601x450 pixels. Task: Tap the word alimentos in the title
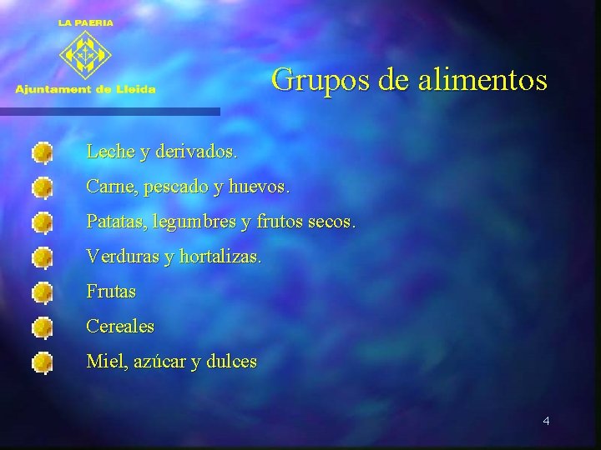[x=480, y=80]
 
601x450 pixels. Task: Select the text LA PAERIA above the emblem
[x=86, y=23]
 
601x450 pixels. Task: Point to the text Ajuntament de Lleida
[x=85, y=89]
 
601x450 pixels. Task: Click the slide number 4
[x=546, y=421]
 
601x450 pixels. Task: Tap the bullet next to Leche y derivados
[x=43, y=153]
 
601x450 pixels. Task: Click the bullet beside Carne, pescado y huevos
[x=43, y=188]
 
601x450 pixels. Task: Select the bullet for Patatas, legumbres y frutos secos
[x=43, y=223]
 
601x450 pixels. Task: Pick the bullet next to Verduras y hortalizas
[x=43, y=258]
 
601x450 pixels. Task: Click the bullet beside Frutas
[x=43, y=293]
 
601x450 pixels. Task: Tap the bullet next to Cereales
[x=43, y=328]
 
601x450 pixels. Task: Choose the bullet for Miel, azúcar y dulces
[x=43, y=363]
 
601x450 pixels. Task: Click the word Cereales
[x=120, y=327]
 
